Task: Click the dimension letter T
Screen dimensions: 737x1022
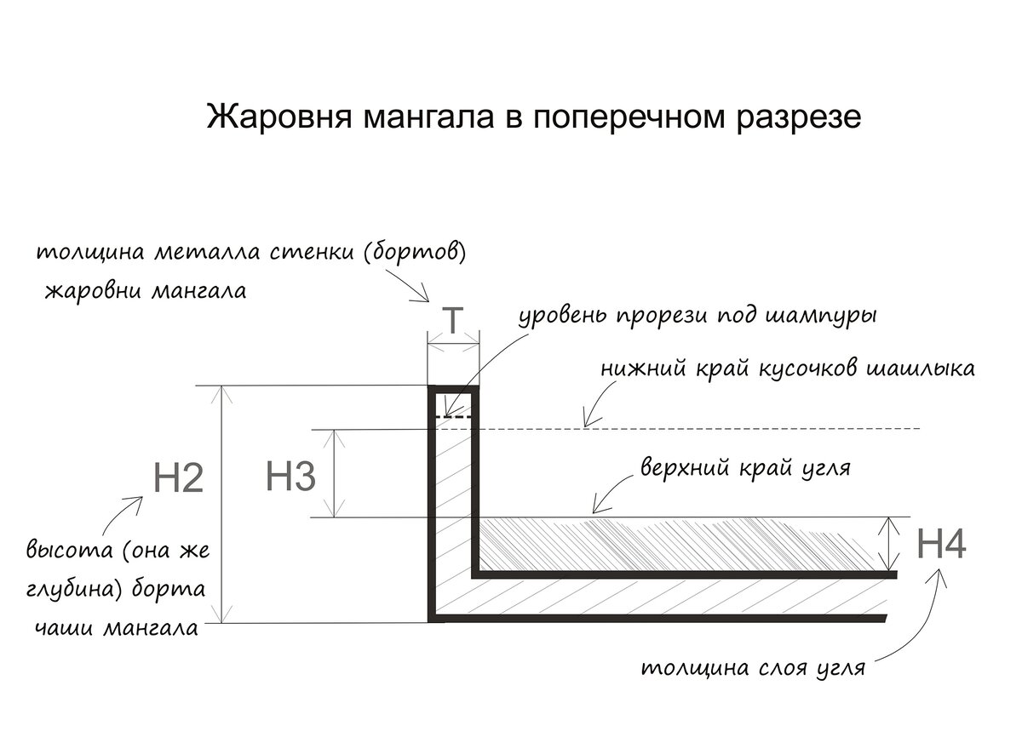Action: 453,322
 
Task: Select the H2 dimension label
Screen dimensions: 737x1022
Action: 179,479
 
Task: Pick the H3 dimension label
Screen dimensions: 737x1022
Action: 291,477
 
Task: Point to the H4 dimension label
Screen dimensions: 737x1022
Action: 941,546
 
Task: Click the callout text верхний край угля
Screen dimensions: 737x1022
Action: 745,469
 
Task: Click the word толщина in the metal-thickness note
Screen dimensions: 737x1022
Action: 92,254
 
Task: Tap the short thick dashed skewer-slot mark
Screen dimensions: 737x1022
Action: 453,416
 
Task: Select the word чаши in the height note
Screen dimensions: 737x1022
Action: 64,630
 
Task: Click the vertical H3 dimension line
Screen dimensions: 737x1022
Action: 336,473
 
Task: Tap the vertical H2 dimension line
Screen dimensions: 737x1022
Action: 223,504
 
